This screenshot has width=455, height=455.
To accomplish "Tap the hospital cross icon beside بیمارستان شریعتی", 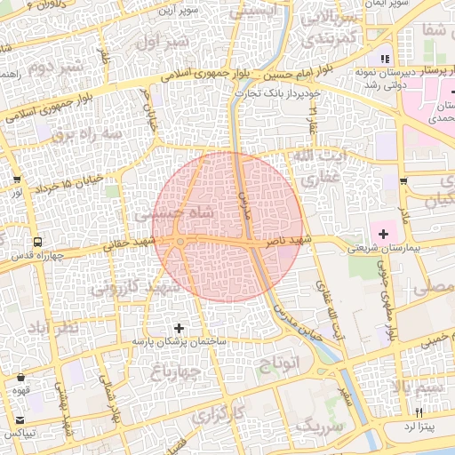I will (383, 234).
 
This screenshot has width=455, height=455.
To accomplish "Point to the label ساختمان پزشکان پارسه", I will (180, 341).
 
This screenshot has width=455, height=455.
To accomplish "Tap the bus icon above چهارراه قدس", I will (37, 242).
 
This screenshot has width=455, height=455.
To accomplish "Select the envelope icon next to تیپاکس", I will (20, 419).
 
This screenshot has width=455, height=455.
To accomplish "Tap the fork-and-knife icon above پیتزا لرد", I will (419, 412).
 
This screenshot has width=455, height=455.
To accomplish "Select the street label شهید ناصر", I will (291, 242).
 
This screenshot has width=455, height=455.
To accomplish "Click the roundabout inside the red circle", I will (180, 241).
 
